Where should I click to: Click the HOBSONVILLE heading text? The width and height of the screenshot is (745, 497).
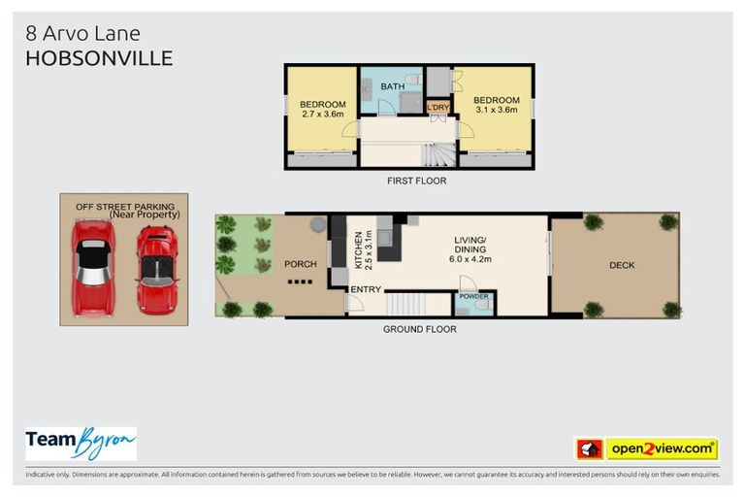(99, 57)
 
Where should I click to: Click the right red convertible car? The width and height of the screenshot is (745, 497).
(155, 269)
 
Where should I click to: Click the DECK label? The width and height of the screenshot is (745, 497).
(622, 265)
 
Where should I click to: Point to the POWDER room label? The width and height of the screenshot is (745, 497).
(474, 296)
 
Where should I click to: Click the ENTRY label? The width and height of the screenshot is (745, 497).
(366, 289)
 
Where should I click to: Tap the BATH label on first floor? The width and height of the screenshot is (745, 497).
(392, 86)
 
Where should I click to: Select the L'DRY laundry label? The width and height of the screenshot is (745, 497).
(438, 107)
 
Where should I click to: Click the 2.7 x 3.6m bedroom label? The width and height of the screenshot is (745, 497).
(321, 110)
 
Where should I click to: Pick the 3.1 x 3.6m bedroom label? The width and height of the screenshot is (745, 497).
(495, 105)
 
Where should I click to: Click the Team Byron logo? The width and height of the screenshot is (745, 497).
(81, 444)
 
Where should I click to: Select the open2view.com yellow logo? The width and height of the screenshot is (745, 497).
(662, 448)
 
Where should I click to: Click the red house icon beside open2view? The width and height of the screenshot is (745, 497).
(589, 448)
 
